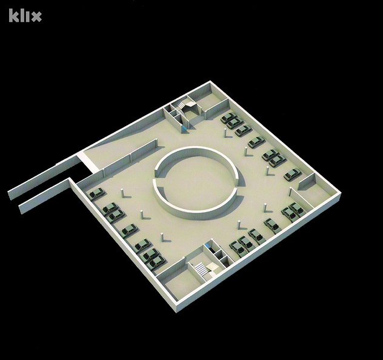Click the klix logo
25,16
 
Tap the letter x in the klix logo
36,17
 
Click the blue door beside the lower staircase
208,245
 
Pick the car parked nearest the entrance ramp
97,194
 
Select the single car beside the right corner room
292,175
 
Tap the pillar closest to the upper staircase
225,133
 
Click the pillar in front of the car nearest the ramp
122,194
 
